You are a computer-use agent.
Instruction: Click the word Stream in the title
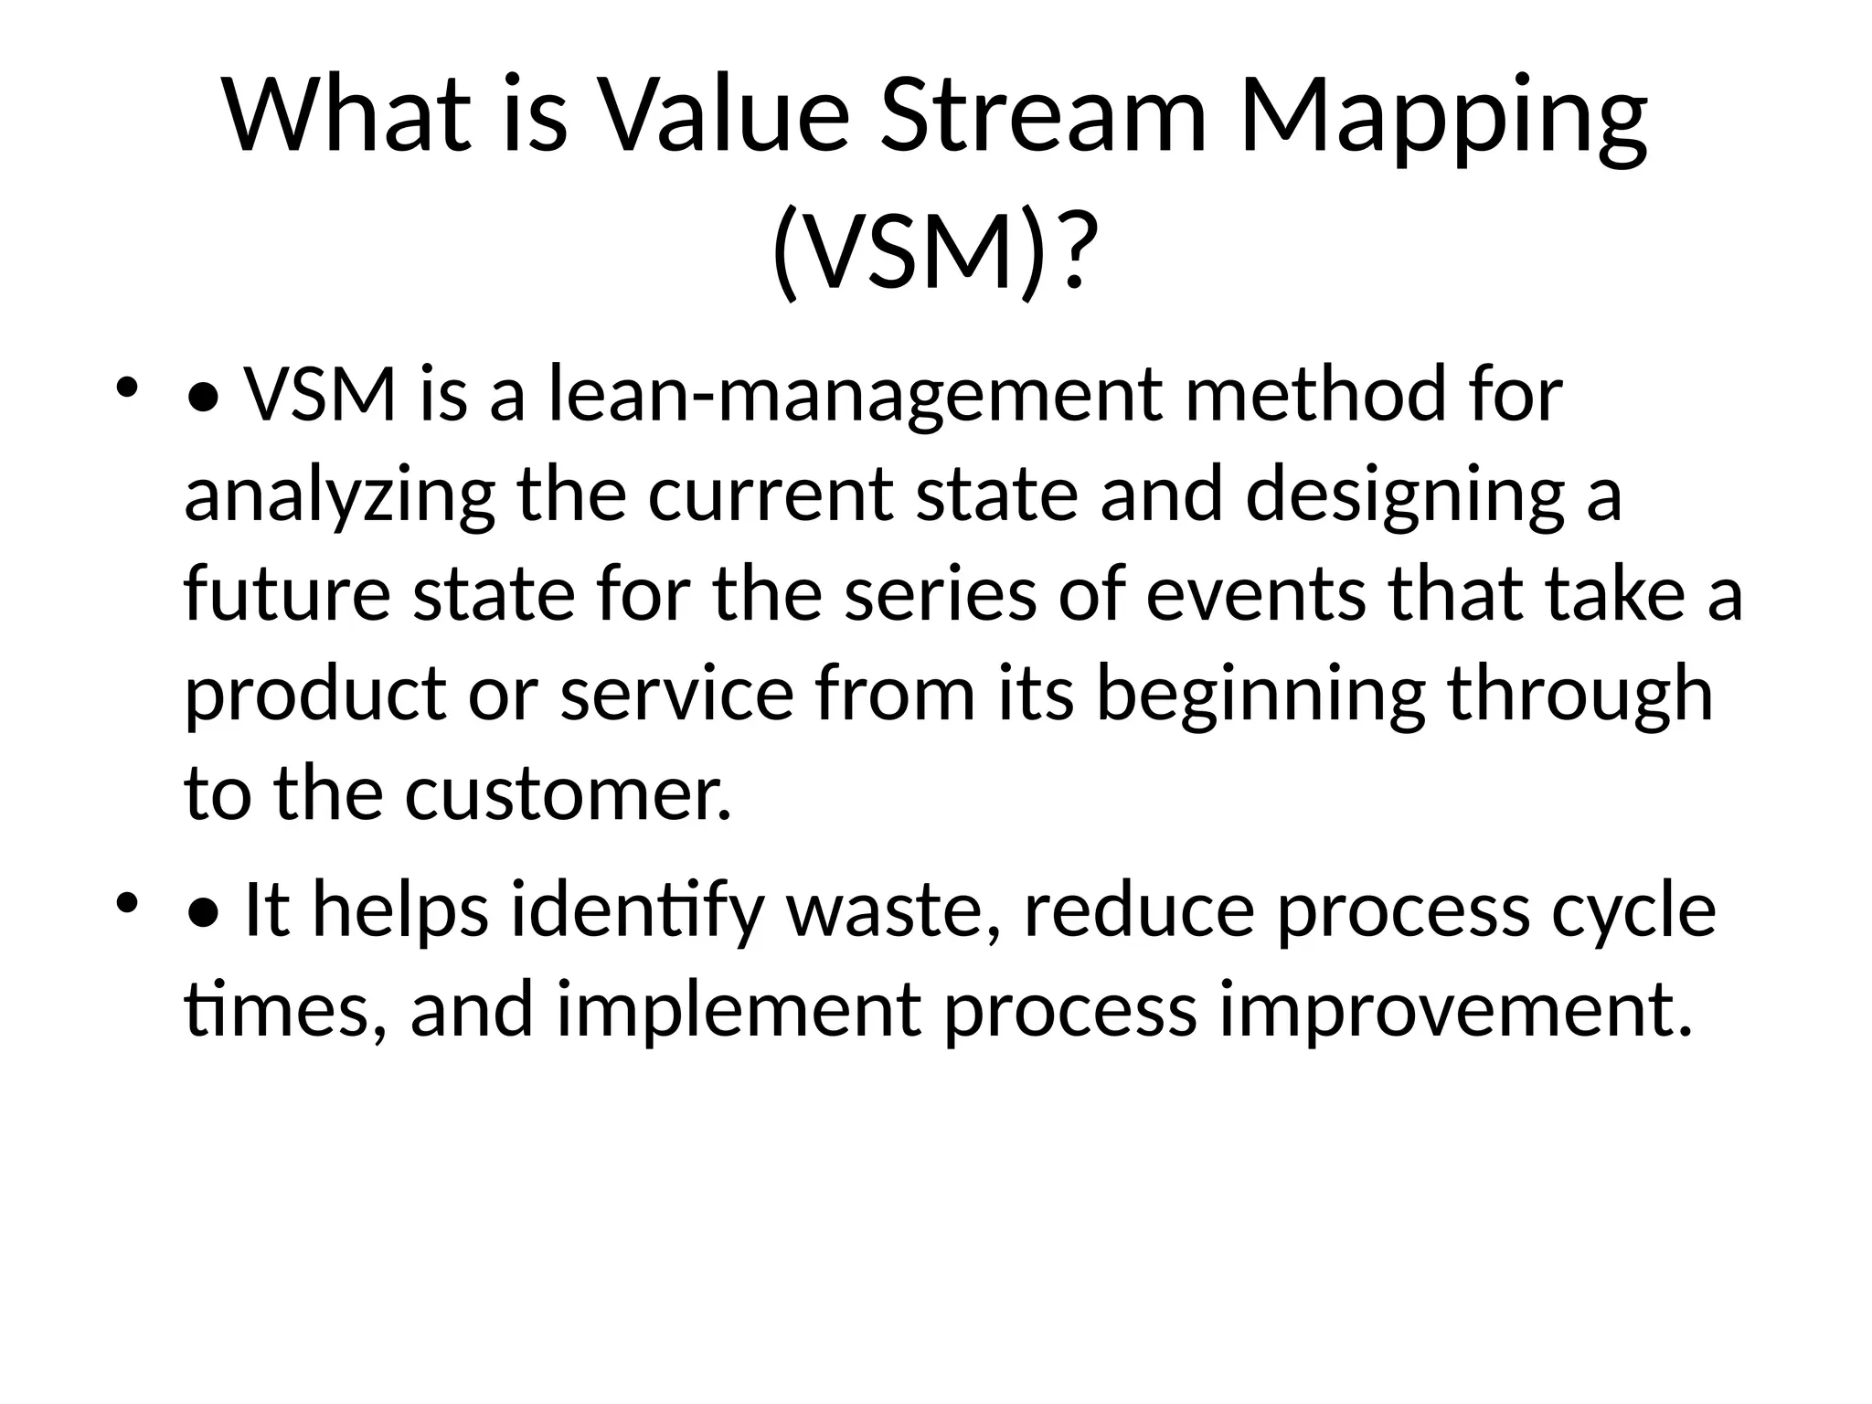pos(1043,116)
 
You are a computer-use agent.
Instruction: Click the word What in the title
pos(347,116)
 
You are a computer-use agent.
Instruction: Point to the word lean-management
pos(856,395)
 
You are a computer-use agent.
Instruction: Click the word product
pos(315,694)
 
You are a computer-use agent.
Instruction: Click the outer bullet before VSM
pos(126,388)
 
